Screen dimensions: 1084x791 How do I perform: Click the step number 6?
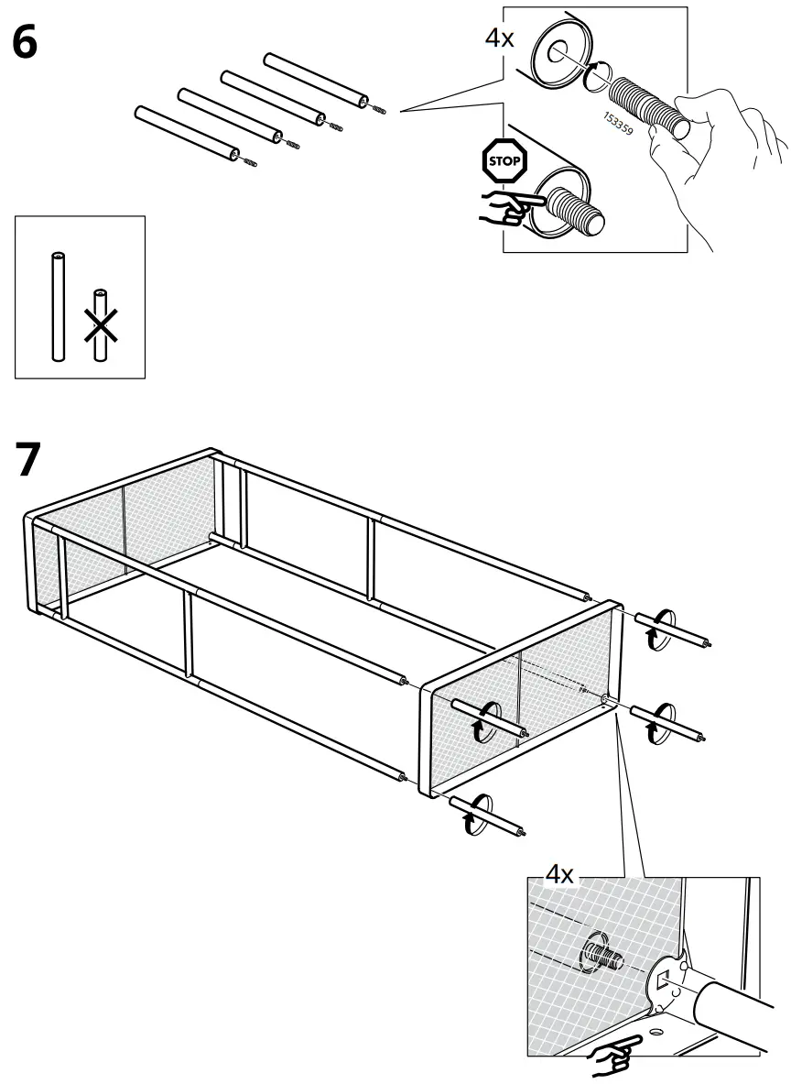[25, 42]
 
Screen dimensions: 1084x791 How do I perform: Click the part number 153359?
[620, 129]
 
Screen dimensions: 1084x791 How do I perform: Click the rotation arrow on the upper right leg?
[652, 635]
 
